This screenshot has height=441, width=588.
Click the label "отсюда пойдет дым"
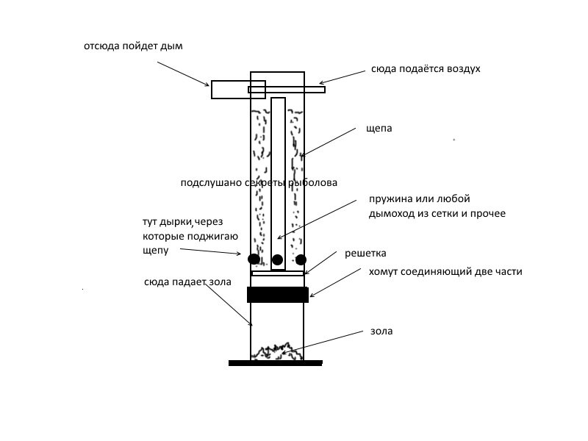[x=132, y=46]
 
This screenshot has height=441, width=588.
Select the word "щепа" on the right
[x=379, y=128]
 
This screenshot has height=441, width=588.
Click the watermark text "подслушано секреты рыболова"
[x=259, y=183]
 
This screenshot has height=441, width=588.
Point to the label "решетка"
[x=365, y=254]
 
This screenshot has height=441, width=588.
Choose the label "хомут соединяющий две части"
[x=445, y=272]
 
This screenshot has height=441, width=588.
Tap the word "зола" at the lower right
[x=381, y=331]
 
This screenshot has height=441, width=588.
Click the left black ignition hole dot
[x=254, y=259]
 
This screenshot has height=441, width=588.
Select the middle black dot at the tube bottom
[x=277, y=259]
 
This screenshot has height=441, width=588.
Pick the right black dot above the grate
[x=301, y=259]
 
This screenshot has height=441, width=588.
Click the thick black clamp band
[x=278, y=295]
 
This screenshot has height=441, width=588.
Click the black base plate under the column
[x=276, y=362]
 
